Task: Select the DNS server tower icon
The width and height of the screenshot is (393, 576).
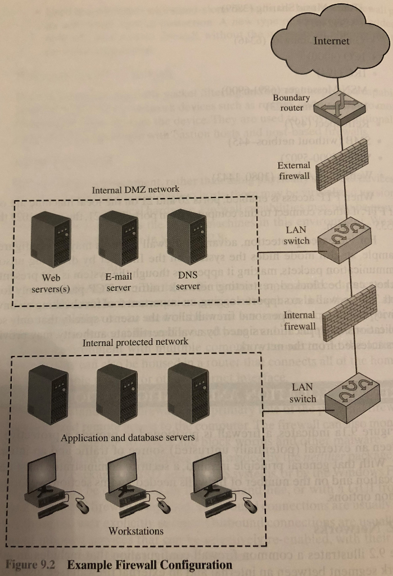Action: (x=185, y=236)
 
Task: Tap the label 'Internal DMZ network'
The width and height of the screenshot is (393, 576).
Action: (x=135, y=189)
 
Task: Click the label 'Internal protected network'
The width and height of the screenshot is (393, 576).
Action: (x=135, y=341)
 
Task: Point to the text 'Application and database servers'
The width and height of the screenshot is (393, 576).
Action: (x=128, y=437)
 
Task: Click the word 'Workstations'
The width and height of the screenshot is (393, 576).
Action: (x=135, y=530)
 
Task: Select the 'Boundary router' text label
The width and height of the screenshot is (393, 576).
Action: (x=291, y=102)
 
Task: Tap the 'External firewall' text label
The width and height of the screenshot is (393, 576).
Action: (x=293, y=170)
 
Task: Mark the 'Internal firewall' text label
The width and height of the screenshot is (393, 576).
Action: (x=300, y=320)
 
